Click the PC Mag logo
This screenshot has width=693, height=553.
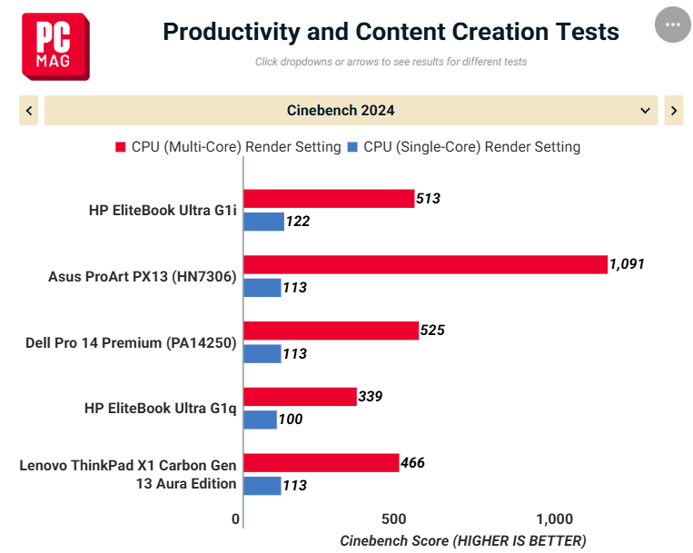click(x=55, y=46)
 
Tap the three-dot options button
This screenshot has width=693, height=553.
click(x=673, y=25)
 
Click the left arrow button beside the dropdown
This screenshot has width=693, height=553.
click(x=29, y=111)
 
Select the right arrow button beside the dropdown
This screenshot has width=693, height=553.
click(x=674, y=111)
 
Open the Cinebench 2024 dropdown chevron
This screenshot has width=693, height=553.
click(x=645, y=111)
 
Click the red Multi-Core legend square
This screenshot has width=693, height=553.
click(x=120, y=146)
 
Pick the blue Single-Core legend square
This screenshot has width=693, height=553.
click(x=352, y=146)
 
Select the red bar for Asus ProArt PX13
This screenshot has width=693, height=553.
click(x=426, y=264)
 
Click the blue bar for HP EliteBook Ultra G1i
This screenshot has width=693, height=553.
click(x=264, y=222)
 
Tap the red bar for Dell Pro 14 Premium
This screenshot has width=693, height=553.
click(x=331, y=331)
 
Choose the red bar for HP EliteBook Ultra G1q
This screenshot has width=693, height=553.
click(x=300, y=397)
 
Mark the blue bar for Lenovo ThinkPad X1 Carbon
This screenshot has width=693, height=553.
click(x=262, y=486)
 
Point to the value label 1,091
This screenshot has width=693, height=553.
click(x=627, y=263)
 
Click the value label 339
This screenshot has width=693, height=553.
click(x=371, y=396)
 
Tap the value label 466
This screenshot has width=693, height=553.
click(x=412, y=462)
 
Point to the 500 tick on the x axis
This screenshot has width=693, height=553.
click(x=394, y=519)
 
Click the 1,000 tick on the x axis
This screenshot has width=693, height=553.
click(x=555, y=519)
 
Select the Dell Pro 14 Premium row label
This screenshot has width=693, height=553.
click(x=131, y=342)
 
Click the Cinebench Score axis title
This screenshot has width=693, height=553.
click(x=462, y=540)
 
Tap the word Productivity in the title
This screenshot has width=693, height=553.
click(x=232, y=32)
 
